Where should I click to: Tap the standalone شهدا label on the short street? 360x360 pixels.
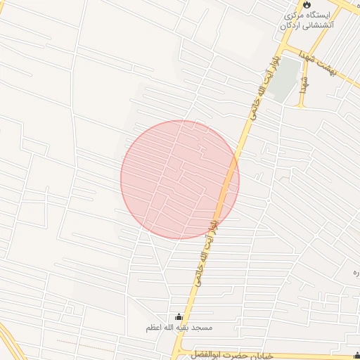[304, 84]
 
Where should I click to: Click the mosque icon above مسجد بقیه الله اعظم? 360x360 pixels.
[179, 317]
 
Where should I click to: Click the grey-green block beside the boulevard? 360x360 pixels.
[284, 82]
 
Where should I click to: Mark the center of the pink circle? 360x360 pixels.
[180, 180]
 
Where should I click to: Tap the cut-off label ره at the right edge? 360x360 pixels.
[356, 271]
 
